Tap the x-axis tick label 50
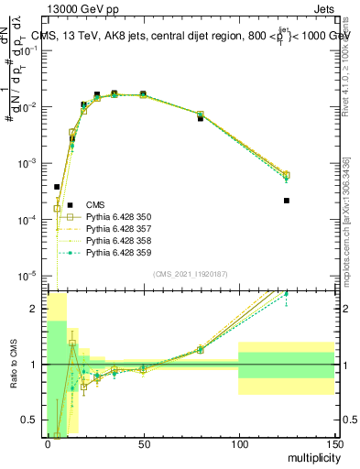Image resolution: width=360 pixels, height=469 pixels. pos(143,443)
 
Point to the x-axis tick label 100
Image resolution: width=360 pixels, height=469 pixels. pos(238,443)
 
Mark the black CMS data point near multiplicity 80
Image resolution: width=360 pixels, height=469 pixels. pos(201,119)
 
